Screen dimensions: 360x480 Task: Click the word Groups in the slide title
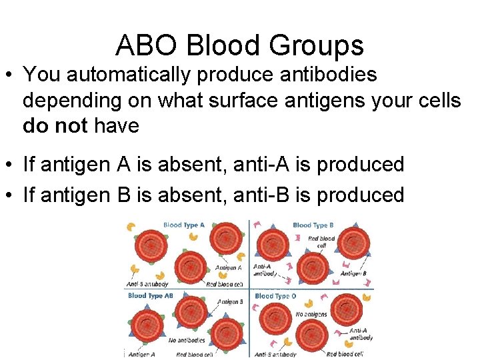323,46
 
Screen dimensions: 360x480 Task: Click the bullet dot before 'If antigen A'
11,165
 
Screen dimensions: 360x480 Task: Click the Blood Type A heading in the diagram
184,225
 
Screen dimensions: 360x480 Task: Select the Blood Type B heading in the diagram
313,225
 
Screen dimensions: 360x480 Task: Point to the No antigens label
311,314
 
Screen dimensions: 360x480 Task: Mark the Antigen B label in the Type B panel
353,273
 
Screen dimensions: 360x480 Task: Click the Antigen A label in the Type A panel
229,268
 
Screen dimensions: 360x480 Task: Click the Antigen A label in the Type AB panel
141,355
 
